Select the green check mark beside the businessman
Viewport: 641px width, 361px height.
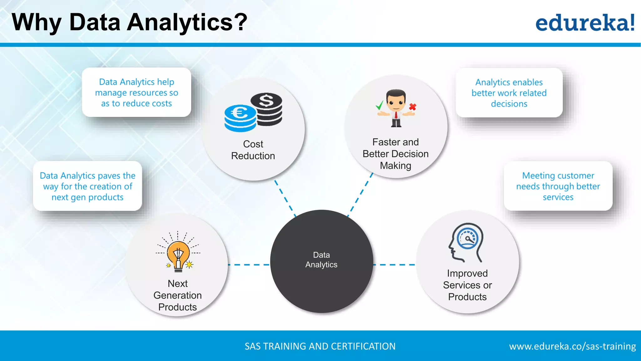(x=379, y=105)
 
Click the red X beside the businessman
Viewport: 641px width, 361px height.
(x=413, y=107)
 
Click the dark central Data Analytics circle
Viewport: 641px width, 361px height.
(x=321, y=261)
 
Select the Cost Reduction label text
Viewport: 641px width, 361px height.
(x=253, y=150)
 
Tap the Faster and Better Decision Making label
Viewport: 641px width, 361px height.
(x=395, y=154)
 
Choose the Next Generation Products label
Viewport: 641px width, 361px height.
(x=177, y=295)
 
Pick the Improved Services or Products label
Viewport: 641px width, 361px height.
(x=467, y=285)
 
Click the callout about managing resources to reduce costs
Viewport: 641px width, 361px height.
(x=136, y=92)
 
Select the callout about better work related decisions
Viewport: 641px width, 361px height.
(x=509, y=93)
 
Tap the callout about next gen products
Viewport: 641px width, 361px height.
(x=88, y=186)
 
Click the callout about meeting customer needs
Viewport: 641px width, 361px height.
(x=558, y=186)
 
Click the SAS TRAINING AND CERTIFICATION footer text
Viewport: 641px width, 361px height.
(x=320, y=346)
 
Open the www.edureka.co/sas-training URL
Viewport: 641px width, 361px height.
(x=572, y=346)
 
